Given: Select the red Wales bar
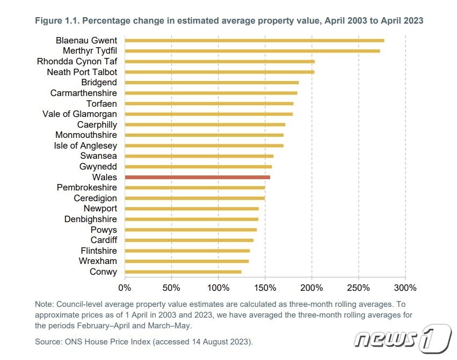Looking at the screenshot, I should click(x=197, y=177).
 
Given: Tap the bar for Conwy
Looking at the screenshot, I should click(x=183, y=272).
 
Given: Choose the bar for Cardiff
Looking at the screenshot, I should click(x=188, y=240).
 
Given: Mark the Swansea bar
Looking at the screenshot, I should click(x=199, y=156).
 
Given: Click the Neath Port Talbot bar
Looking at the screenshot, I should click(x=219, y=72).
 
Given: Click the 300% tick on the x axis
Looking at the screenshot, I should click(x=405, y=288).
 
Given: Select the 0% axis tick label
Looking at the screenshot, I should click(x=125, y=288).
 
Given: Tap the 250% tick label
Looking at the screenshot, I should click(x=359, y=288).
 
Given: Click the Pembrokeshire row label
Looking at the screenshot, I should click(x=87, y=188).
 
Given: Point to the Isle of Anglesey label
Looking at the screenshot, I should click(x=85, y=145).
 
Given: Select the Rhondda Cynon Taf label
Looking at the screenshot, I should click(x=77, y=61).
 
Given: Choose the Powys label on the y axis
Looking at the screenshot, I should click(x=104, y=230).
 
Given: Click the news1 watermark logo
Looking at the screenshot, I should click(x=403, y=339).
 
